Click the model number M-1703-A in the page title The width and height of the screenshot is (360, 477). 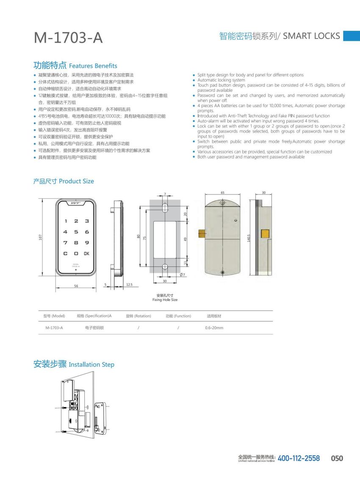pos(68,38)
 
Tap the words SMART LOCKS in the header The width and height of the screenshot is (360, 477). pos(311,36)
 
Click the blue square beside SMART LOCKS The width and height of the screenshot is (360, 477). pos(351,36)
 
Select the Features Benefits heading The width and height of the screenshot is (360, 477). pos(93,66)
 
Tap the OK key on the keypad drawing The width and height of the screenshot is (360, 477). pos(86,253)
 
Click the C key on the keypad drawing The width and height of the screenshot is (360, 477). pos(65,253)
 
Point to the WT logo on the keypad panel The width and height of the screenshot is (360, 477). pos(75,203)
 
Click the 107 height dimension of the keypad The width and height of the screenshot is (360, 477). pos(41,238)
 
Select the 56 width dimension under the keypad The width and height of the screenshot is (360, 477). pos(76,286)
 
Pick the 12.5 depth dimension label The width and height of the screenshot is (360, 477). pos(129,285)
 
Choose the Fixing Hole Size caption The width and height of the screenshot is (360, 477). pos(165,300)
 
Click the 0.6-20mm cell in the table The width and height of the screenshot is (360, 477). pos(214,327)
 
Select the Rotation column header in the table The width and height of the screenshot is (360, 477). pos(138,316)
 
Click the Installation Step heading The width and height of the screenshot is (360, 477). pos(91,364)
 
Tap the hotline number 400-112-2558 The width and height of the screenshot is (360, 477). pos(299,458)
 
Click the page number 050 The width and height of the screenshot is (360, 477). pos(337,458)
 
